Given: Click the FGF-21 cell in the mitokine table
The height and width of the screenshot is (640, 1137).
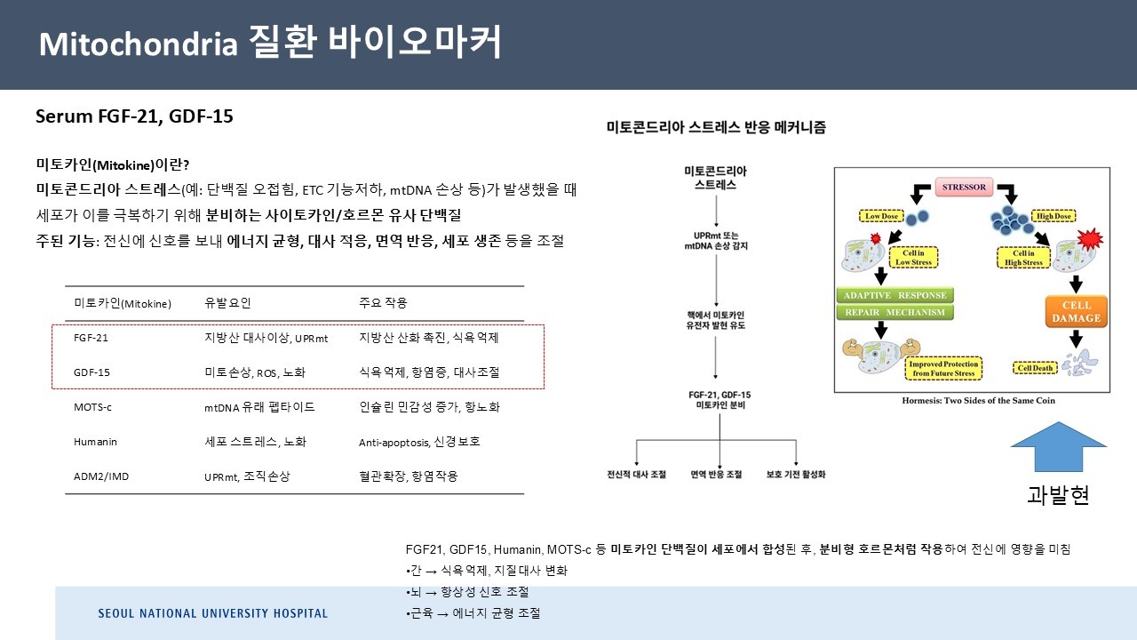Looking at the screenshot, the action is coord(91,338).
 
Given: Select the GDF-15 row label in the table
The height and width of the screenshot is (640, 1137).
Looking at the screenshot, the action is coord(92,372).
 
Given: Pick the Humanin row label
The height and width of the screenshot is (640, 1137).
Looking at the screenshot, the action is coord(95,442).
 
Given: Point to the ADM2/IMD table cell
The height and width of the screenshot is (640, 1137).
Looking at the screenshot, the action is coord(101,476).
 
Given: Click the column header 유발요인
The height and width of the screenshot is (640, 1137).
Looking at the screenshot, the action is coord(227,303).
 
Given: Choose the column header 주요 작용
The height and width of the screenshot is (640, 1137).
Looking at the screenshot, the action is coord(383,303).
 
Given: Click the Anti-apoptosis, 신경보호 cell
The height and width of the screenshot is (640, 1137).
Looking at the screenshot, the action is coord(419,442).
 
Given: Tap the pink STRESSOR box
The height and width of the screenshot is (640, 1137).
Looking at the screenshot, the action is coord(965,188).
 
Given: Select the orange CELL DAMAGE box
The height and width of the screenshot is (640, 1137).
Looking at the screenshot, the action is coord(1076,311).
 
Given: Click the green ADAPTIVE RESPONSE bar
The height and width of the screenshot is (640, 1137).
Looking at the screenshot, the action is coord(895,295).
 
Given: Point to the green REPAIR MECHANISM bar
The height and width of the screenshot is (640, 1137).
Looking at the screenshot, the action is coord(895,313).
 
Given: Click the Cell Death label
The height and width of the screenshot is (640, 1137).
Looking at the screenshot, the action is coord(1035,368).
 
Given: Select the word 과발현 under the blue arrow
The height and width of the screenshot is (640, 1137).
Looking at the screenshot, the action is coord(1058,495).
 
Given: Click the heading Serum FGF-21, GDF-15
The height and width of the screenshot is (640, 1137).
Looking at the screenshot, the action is coord(134,116).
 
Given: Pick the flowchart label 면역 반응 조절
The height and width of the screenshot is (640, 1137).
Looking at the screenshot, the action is coord(716,475).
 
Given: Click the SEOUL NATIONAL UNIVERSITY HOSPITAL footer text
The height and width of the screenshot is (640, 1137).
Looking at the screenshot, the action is coord(213,613).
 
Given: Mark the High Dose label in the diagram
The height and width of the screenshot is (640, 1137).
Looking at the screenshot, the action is coord(1053,216).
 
